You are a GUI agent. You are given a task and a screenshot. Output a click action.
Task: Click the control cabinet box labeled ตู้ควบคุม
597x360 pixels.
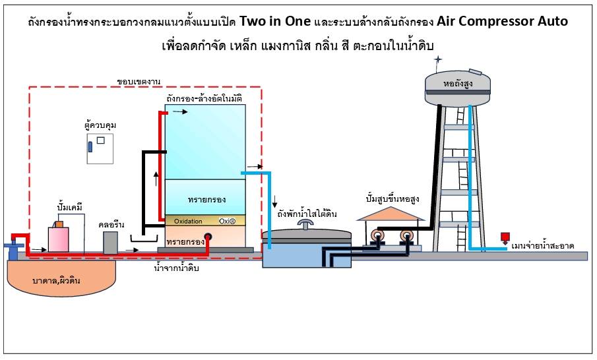click(x=100, y=148)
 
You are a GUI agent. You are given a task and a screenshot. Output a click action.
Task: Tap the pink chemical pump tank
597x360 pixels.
click(x=59, y=238)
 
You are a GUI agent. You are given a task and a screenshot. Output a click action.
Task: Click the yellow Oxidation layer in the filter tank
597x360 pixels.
click(x=204, y=221)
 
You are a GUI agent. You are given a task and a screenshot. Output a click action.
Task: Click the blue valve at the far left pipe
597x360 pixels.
click(x=12, y=247)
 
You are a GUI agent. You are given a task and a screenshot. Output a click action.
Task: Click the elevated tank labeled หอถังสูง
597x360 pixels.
click(x=458, y=84)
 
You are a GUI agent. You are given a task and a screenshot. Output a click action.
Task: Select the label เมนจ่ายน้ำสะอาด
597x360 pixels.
click(x=542, y=246)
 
